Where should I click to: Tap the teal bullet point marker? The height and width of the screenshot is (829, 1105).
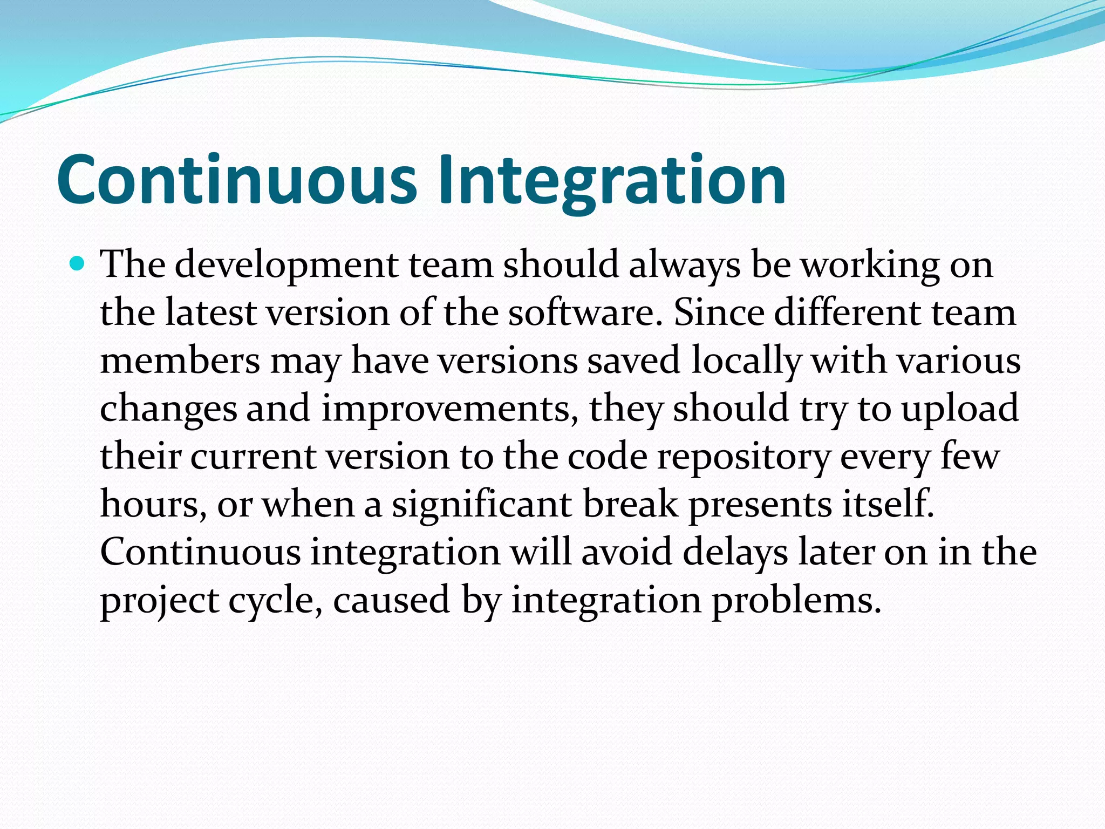78,264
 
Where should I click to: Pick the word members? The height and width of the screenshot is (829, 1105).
180,361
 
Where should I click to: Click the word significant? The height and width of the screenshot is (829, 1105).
482,505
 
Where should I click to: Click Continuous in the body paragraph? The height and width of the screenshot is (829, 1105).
200,552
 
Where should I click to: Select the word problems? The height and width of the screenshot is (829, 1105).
796,600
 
